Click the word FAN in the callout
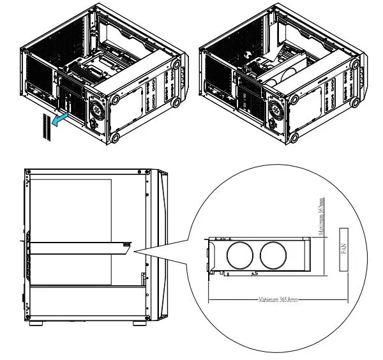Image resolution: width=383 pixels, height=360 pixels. (x=343, y=250)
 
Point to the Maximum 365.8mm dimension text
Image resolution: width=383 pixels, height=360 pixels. (x=277, y=299)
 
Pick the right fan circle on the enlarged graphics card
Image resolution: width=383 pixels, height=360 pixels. (x=274, y=255)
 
